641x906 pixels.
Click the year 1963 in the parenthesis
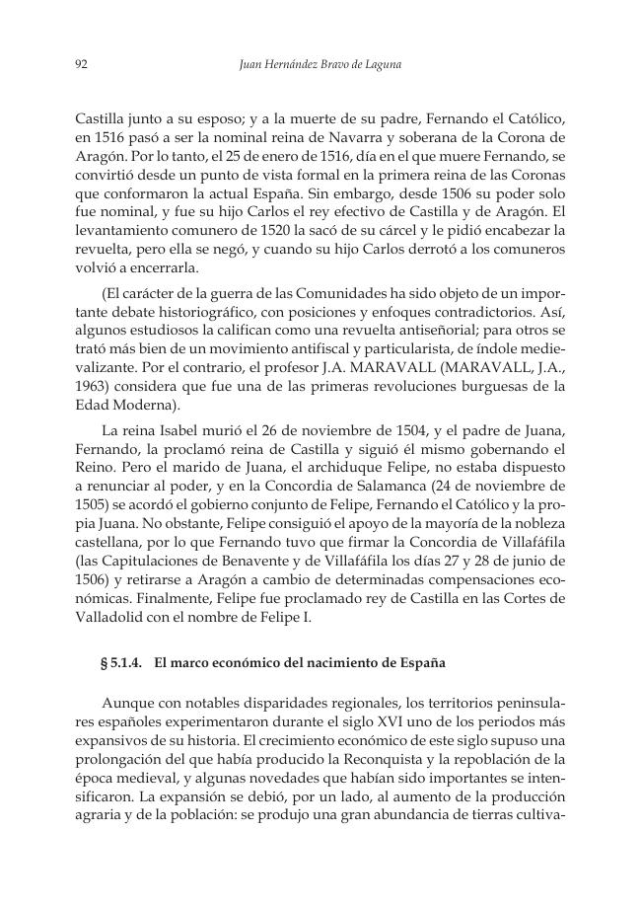(92, 386)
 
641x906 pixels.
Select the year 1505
(92, 507)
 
